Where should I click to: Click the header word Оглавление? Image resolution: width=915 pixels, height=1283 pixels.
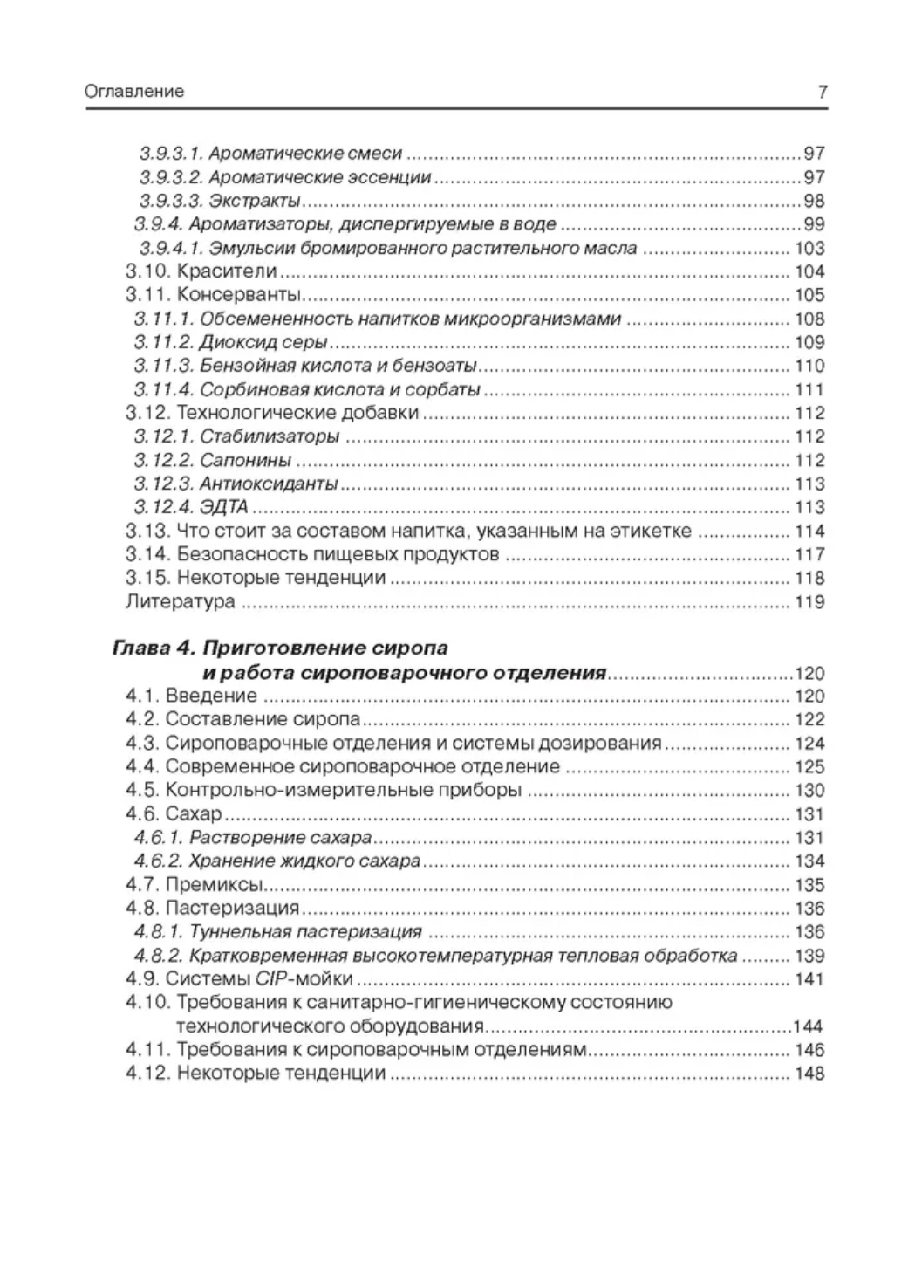click(134, 91)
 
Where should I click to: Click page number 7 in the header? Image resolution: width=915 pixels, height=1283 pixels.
click(822, 91)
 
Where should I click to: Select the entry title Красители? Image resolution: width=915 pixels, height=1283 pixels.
click(226, 271)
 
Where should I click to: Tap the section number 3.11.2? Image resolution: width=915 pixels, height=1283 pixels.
click(163, 343)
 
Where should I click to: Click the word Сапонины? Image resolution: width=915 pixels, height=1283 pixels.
click(245, 461)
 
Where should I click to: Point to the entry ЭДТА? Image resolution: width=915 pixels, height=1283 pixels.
click(224, 508)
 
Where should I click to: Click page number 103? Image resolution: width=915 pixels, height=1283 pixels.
click(809, 248)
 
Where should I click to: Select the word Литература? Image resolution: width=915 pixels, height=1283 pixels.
click(180, 602)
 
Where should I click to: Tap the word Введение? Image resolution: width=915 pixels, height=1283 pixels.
click(211, 696)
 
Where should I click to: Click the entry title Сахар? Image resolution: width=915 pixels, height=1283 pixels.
click(194, 814)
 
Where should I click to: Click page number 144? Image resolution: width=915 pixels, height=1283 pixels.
click(809, 1026)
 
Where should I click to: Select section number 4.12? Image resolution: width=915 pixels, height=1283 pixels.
click(146, 1074)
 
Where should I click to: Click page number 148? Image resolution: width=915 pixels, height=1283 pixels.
click(809, 1074)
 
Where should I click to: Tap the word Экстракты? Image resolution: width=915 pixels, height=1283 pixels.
click(256, 201)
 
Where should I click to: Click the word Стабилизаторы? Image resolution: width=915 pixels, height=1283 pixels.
click(269, 437)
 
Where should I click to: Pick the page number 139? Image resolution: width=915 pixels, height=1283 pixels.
click(809, 957)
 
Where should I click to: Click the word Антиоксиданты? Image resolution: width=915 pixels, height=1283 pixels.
click(269, 484)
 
